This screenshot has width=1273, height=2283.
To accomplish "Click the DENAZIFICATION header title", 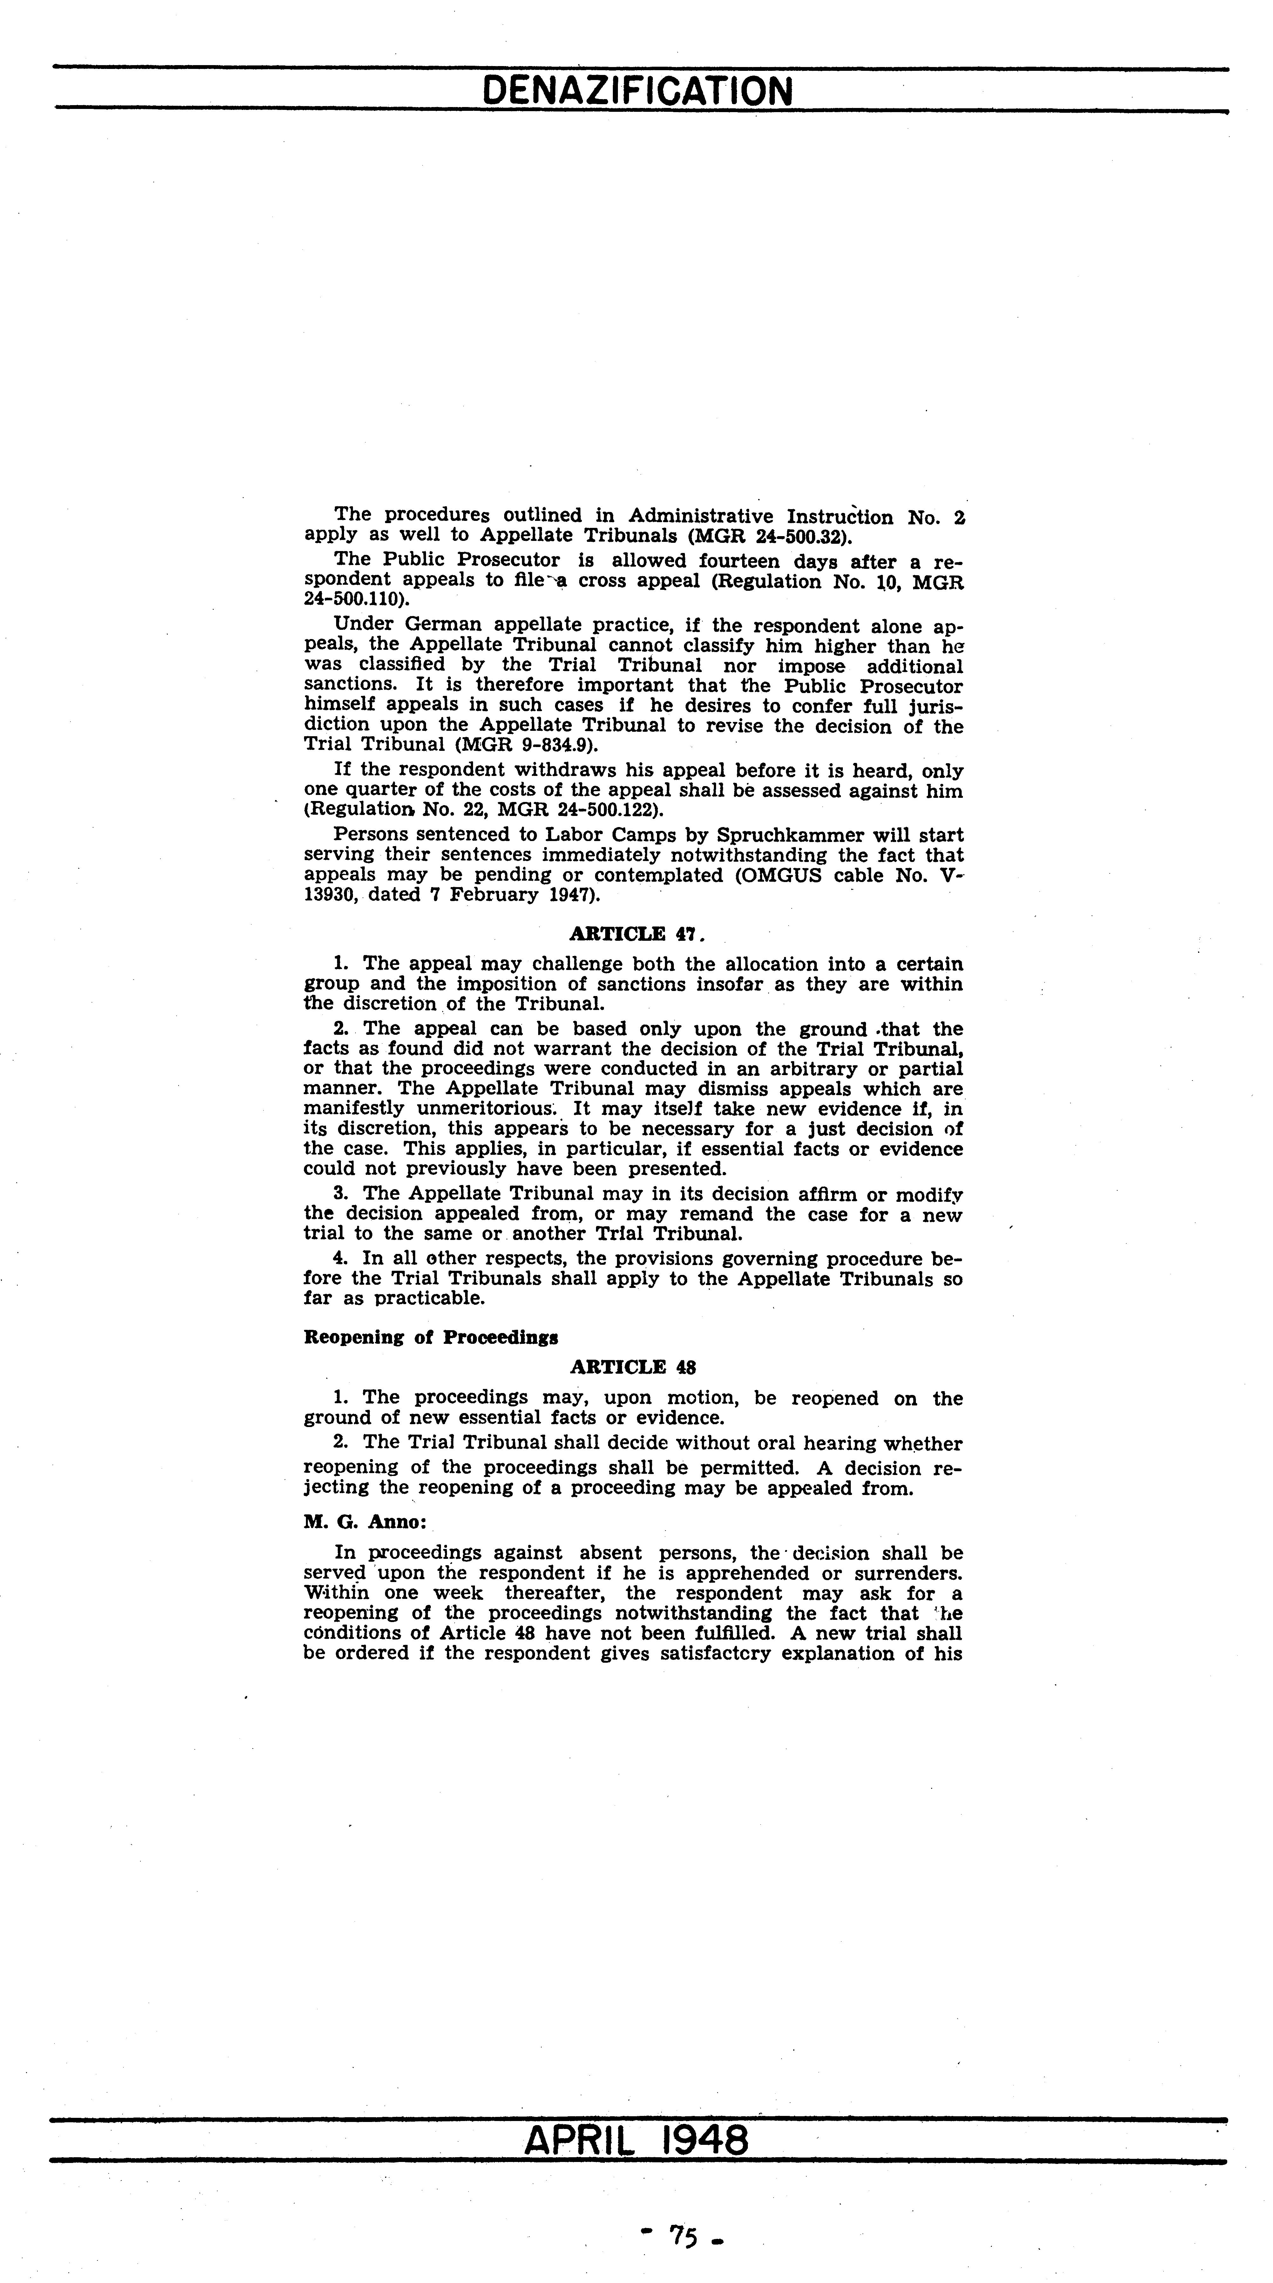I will point(637,91).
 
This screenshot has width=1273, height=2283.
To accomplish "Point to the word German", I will point(443,626).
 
